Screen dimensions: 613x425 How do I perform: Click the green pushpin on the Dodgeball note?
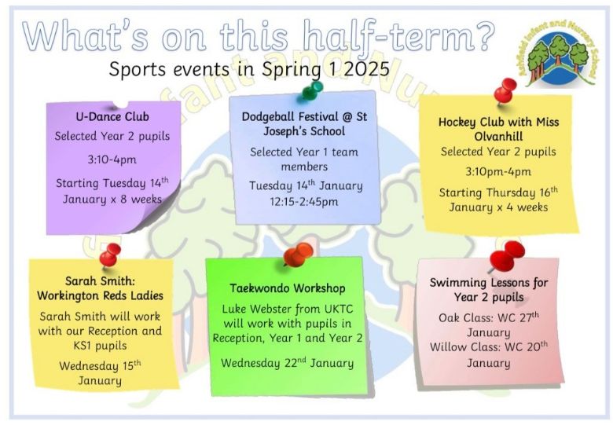pyautogui.click(x=313, y=90)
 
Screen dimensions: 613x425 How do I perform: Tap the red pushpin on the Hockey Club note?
pyautogui.click(x=505, y=90)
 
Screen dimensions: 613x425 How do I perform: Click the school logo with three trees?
pyautogui.click(x=560, y=53)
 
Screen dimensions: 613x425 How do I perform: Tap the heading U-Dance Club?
pyautogui.click(x=112, y=117)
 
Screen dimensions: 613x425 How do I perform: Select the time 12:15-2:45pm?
pyautogui.click(x=304, y=202)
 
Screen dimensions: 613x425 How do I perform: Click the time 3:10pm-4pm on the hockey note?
pyautogui.click(x=498, y=172)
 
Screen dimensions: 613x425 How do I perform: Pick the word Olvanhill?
pyautogui.click(x=498, y=137)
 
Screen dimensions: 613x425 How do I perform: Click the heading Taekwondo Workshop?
pyautogui.click(x=288, y=288)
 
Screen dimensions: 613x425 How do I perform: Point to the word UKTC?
pyautogui.click(x=339, y=309)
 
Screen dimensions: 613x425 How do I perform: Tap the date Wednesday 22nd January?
pyautogui.click(x=287, y=363)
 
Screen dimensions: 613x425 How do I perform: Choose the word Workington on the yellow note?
pyautogui.click(x=68, y=295)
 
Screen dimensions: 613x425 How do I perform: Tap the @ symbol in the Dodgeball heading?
pyautogui.click(x=348, y=116)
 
